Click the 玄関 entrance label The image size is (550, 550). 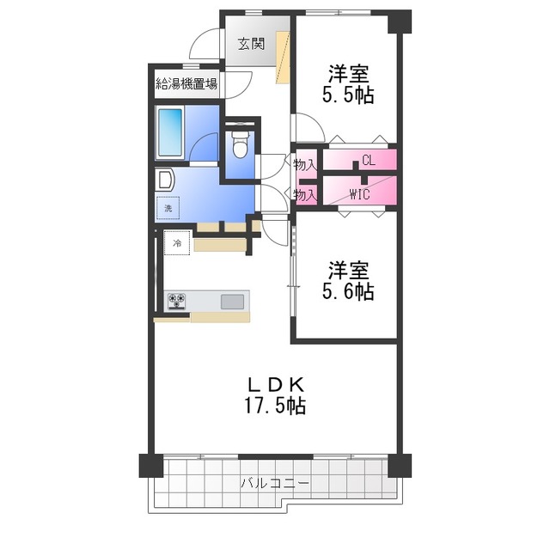(x=251, y=44)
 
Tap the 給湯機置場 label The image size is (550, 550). (x=186, y=83)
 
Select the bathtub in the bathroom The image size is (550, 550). (x=170, y=132)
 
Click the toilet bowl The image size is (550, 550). (x=241, y=145)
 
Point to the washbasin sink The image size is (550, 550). (x=165, y=180)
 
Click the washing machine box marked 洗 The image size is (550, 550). (x=168, y=208)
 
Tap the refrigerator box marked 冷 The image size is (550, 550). (x=177, y=242)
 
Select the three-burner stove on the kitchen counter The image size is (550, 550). (x=176, y=302)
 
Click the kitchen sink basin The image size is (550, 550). (x=232, y=302)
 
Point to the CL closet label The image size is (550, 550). (x=369, y=161)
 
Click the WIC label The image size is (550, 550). (x=360, y=194)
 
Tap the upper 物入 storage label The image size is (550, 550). (x=305, y=164)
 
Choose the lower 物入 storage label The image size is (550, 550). (x=305, y=194)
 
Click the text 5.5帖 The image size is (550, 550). (x=348, y=95)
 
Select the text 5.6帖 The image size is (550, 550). (x=348, y=291)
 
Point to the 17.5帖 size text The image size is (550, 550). (x=275, y=406)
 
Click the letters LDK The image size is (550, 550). (x=276, y=385)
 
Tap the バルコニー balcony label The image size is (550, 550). (x=275, y=483)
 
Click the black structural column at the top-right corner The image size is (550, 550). (x=400, y=21)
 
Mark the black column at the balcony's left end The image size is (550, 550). (x=151, y=466)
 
